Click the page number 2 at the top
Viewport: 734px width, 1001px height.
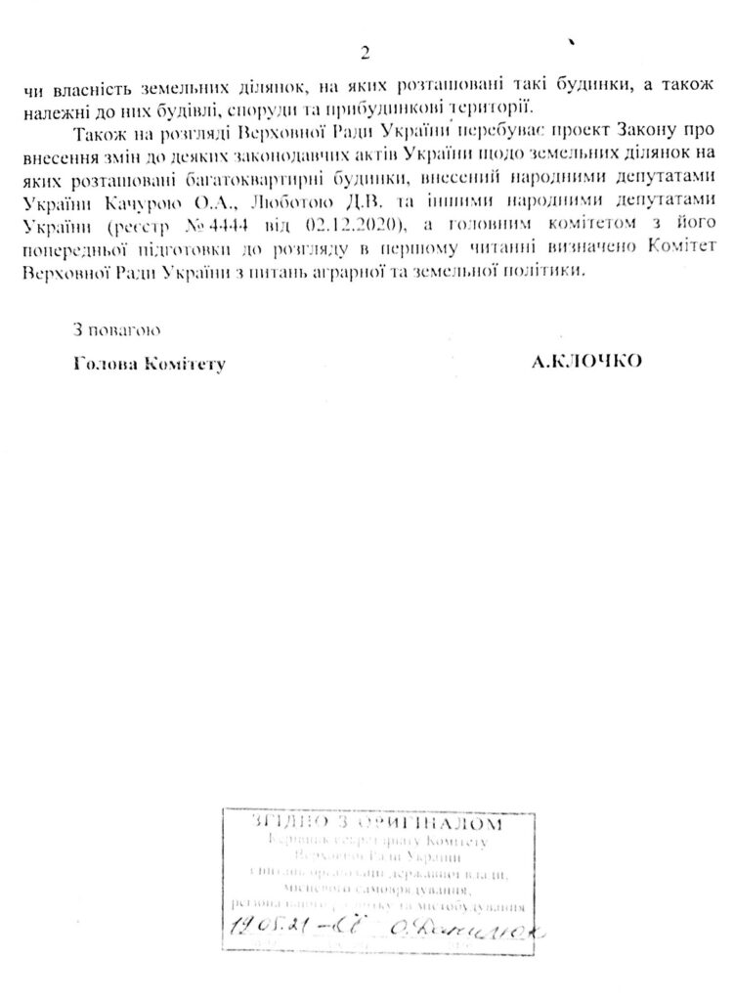coord(366,53)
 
